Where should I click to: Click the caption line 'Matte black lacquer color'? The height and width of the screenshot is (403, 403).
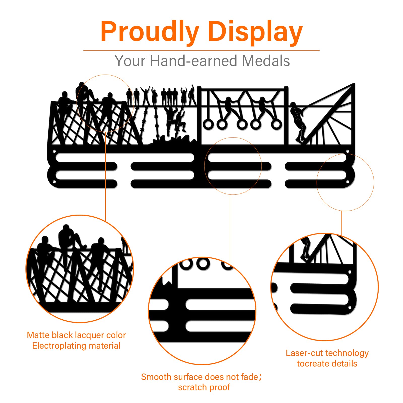click(76, 335)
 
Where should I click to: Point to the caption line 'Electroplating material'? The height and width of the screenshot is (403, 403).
click(76, 346)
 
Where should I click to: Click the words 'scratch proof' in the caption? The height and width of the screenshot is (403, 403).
click(204, 387)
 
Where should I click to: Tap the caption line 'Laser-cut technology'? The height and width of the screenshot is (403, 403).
click(327, 353)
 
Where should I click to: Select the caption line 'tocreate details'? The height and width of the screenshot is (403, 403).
click(327, 363)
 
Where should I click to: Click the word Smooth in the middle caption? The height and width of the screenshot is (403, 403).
click(156, 377)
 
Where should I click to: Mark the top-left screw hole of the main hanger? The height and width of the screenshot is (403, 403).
click(54, 151)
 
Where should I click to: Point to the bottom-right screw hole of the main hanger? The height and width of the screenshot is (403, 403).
click(348, 182)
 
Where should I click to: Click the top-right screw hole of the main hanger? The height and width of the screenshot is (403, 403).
click(348, 151)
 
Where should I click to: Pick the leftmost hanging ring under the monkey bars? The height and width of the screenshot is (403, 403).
click(209, 124)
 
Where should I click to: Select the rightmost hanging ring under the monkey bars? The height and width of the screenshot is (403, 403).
click(276, 124)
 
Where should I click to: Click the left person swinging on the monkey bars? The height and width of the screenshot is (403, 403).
click(228, 107)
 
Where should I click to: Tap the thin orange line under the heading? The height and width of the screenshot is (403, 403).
click(201, 50)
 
